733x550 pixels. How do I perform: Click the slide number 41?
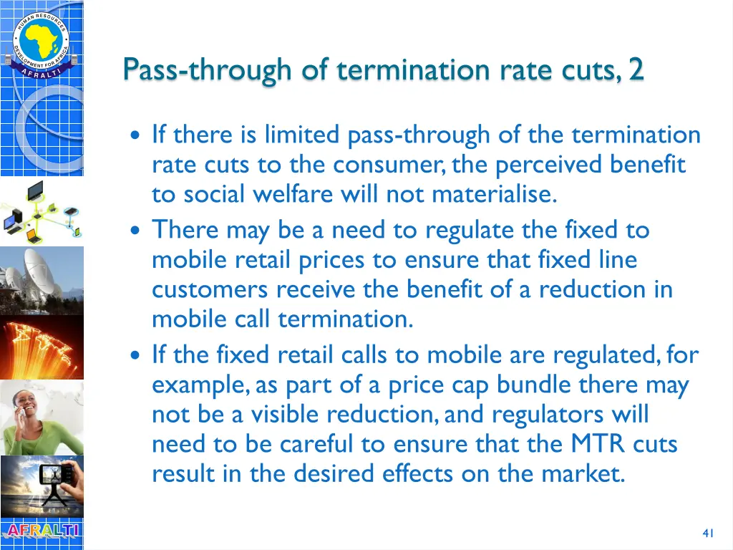[709, 533]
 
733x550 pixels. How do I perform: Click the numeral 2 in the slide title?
[636, 70]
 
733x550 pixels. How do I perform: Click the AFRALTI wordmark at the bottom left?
[42, 531]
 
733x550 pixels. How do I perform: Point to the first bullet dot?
[136, 136]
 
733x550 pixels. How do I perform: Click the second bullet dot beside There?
[136, 231]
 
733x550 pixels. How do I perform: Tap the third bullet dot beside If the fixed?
[136, 355]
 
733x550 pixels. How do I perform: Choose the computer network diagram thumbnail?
[42, 211]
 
